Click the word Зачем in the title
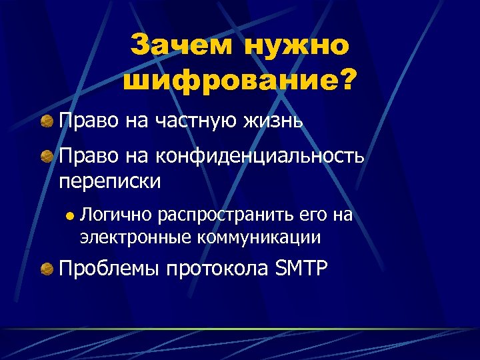(x=182, y=47)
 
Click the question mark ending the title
(x=349, y=83)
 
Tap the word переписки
(x=110, y=181)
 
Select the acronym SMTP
(x=301, y=269)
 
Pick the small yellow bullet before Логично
(x=67, y=216)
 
